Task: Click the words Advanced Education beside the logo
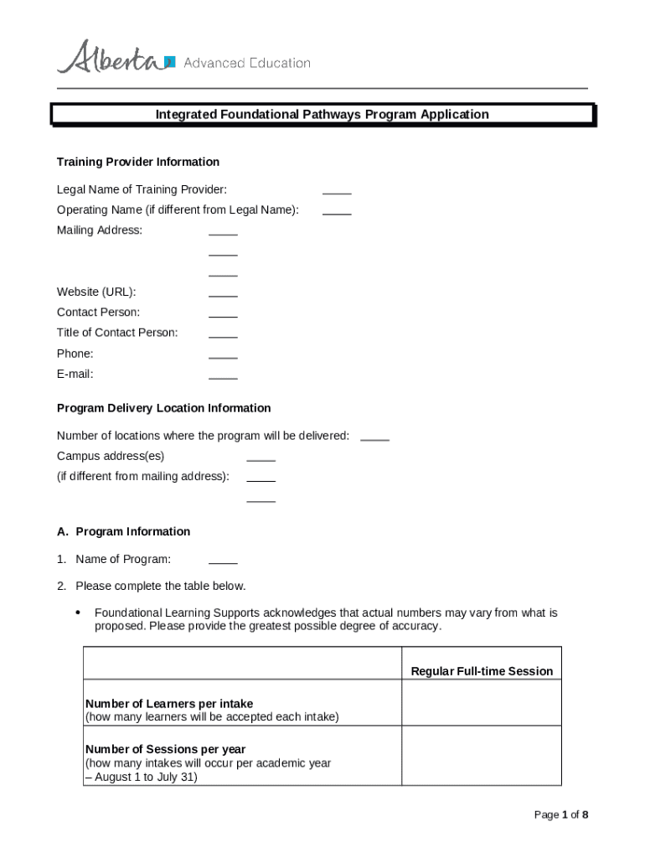click(246, 63)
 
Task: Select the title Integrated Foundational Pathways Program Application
click(322, 115)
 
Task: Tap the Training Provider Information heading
click(138, 162)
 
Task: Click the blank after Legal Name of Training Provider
click(337, 192)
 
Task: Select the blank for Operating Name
click(337, 212)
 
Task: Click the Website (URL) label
click(96, 292)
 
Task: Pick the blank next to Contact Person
click(223, 315)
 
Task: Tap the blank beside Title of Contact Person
click(223, 335)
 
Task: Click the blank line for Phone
click(223, 356)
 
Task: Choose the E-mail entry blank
click(223, 377)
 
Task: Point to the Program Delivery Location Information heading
click(163, 408)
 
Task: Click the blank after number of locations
click(374, 438)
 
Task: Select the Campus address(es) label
click(111, 456)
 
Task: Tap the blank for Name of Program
click(223, 561)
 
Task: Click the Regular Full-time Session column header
click(482, 671)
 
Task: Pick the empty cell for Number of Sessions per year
click(482, 755)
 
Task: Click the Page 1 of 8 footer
click(560, 814)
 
